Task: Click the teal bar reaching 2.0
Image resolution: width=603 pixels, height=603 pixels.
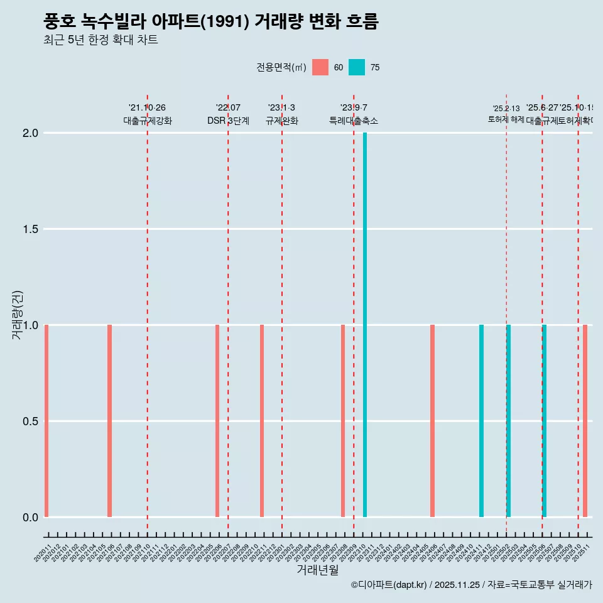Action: point(365,325)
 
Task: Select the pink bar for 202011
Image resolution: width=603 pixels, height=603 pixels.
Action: point(46,421)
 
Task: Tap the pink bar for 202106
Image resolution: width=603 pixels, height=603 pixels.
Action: point(109,421)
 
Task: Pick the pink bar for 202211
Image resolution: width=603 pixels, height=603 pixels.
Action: point(262,421)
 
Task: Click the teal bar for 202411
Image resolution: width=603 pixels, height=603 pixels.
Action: point(481,421)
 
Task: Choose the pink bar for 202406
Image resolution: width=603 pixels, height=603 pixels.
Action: point(432,421)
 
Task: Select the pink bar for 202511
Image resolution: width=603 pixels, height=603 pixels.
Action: point(585,421)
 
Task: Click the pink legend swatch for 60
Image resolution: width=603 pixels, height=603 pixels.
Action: point(320,67)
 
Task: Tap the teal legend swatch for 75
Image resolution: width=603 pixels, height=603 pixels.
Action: point(357,67)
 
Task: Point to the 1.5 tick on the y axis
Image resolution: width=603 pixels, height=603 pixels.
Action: point(30,229)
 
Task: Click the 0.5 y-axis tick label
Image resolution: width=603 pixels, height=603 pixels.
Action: point(30,421)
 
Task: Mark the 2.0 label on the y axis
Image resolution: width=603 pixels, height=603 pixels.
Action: point(30,133)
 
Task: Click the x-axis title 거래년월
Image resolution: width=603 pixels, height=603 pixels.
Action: point(317,570)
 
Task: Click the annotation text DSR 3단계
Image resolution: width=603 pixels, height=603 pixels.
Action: point(228,121)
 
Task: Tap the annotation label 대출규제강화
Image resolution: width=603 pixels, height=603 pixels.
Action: point(147,121)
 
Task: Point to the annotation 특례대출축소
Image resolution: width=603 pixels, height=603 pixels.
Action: point(354,121)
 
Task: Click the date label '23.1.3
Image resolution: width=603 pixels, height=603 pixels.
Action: point(281,108)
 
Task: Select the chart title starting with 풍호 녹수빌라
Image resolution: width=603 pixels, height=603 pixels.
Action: point(211,22)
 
